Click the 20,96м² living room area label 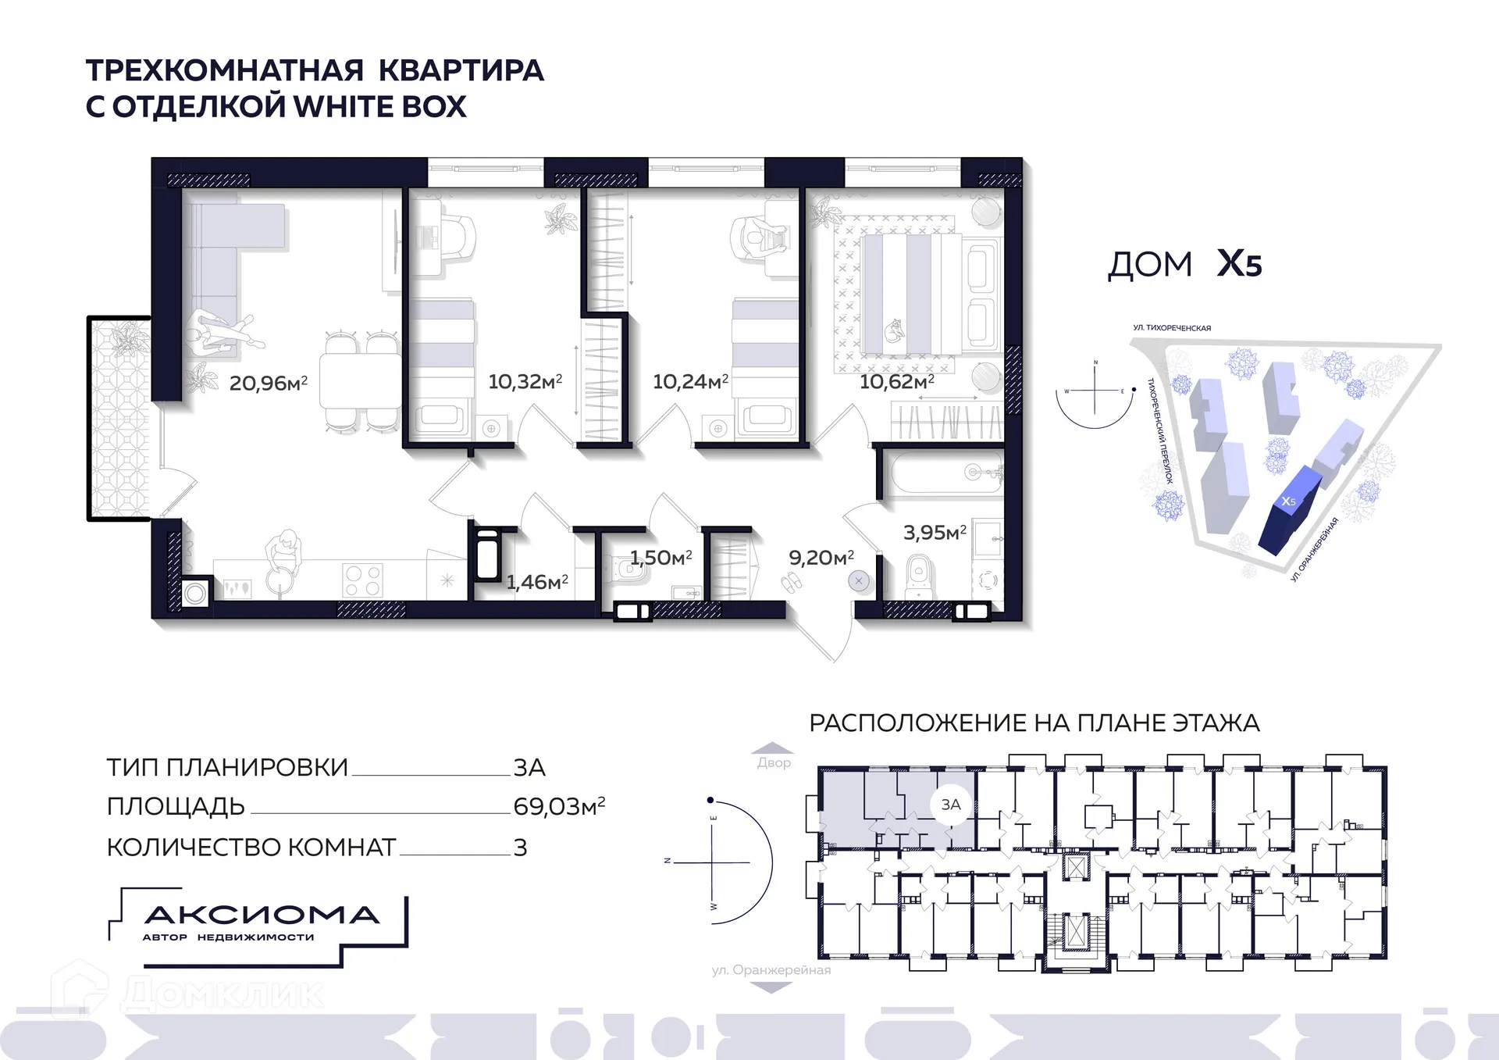pyautogui.click(x=268, y=383)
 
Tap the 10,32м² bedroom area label pyautogui.click(x=525, y=381)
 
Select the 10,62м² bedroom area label pyautogui.click(x=896, y=381)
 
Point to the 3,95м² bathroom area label pyautogui.click(x=935, y=533)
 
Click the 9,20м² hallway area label pyautogui.click(x=821, y=557)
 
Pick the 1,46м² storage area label pyautogui.click(x=536, y=582)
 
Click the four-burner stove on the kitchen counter pyautogui.click(x=363, y=580)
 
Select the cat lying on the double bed pyautogui.click(x=894, y=331)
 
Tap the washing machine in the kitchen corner pyautogui.click(x=195, y=594)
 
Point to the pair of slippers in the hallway pyautogui.click(x=791, y=582)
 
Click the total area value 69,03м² pyautogui.click(x=559, y=806)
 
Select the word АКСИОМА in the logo pyautogui.click(x=262, y=915)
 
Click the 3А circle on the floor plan pyautogui.click(x=950, y=805)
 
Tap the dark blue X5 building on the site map pyautogui.click(x=1288, y=512)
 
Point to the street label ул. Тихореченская pyautogui.click(x=1172, y=328)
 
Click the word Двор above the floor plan pyautogui.click(x=774, y=763)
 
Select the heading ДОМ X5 pyautogui.click(x=1184, y=264)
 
